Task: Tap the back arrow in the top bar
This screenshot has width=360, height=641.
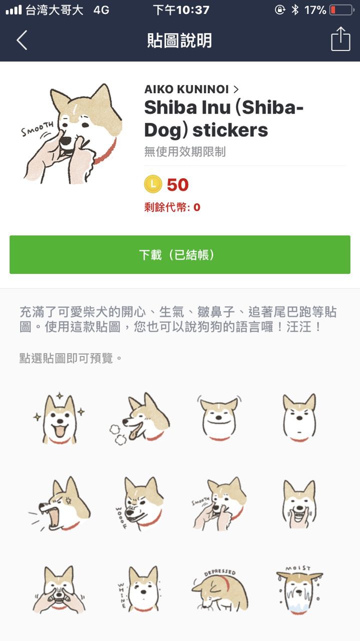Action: tap(22, 40)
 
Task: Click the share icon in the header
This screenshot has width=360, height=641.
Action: tap(340, 39)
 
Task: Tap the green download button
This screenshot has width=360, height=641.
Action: tap(180, 254)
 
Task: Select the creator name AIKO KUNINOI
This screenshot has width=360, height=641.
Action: tap(186, 90)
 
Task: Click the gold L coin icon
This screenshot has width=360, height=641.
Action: tap(153, 184)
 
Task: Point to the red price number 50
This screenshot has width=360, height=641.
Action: tap(178, 185)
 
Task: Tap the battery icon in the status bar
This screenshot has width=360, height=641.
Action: tap(342, 11)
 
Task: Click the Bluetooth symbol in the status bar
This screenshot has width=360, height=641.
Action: tap(295, 10)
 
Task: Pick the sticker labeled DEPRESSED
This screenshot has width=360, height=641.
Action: tap(219, 590)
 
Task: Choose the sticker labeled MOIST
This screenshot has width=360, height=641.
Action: tap(299, 590)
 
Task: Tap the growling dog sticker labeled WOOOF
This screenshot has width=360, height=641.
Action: tap(140, 504)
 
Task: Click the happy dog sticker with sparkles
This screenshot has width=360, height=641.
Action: tap(60, 418)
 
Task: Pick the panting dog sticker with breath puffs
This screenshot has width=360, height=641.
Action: tap(140, 419)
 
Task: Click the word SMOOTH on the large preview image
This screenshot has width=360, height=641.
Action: tap(37, 129)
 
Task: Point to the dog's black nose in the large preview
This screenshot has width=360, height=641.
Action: tap(66, 141)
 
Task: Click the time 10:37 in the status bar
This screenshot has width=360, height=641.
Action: tap(193, 10)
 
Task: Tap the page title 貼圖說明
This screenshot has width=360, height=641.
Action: tap(179, 40)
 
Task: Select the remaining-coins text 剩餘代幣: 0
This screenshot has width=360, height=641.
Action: tap(172, 207)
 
